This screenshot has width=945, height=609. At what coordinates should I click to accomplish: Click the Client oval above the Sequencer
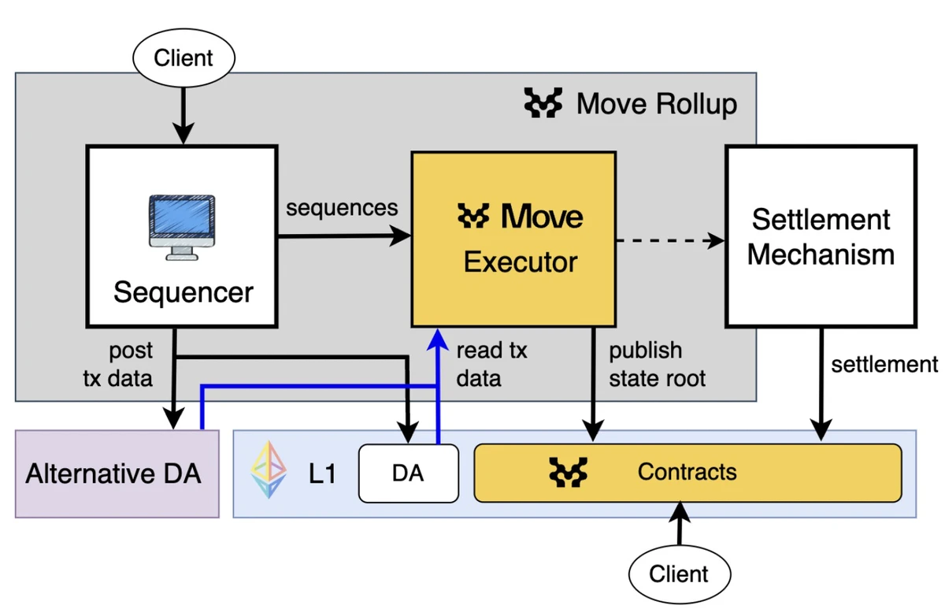[x=183, y=58]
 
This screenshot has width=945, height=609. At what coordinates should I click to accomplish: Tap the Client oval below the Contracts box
[x=679, y=574]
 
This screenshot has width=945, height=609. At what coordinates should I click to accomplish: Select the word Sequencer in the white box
[x=183, y=292]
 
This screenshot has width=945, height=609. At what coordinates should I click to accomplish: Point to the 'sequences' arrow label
[x=342, y=208]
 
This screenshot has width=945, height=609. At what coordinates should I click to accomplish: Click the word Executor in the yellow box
[x=520, y=262]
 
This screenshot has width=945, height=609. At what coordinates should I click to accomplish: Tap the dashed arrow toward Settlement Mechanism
[x=669, y=240]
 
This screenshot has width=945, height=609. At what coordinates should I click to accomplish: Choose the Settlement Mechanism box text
[x=821, y=236]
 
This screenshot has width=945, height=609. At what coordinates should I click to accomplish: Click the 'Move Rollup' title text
[x=657, y=104]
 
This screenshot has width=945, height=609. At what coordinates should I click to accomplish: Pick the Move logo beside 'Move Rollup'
[x=543, y=104]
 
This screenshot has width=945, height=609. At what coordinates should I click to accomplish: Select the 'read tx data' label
[x=491, y=364]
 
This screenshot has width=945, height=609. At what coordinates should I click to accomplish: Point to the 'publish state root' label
[x=658, y=364]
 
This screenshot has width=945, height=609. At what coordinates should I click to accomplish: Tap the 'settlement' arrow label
[x=884, y=364]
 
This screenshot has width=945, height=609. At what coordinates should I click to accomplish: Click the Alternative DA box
[x=117, y=473]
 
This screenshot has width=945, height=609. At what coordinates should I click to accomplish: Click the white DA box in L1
[x=408, y=473]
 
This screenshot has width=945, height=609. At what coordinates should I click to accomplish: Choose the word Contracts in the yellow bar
[x=687, y=472]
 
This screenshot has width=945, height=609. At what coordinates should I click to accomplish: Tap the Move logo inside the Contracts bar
[x=569, y=473]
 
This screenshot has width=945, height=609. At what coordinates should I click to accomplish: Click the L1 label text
[x=322, y=473]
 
